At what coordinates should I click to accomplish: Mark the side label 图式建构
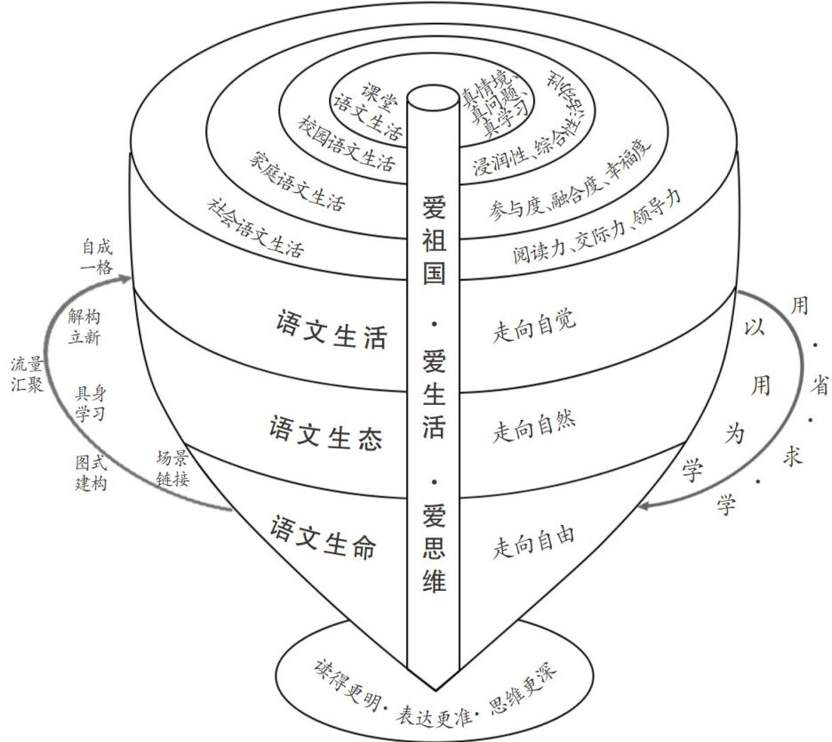(x=92, y=475)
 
